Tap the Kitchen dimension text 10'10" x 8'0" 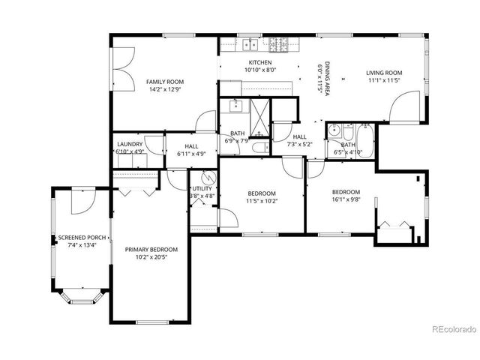(x=259, y=70)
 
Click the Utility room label (x=202, y=188)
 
